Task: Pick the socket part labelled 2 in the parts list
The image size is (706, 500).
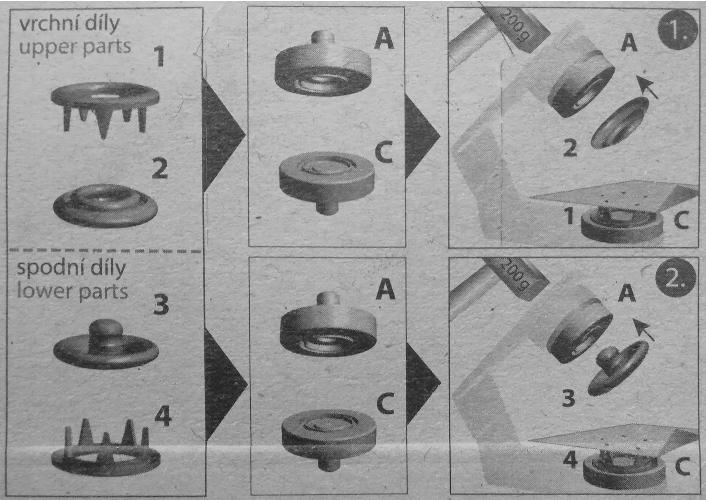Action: pyautogui.click(x=106, y=205)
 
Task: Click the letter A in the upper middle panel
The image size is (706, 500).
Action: pyautogui.click(x=384, y=38)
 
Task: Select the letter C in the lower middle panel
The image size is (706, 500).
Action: pyautogui.click(x=385, y=403)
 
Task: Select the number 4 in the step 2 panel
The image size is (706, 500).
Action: pyautogui.click(x=570, y=461)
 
